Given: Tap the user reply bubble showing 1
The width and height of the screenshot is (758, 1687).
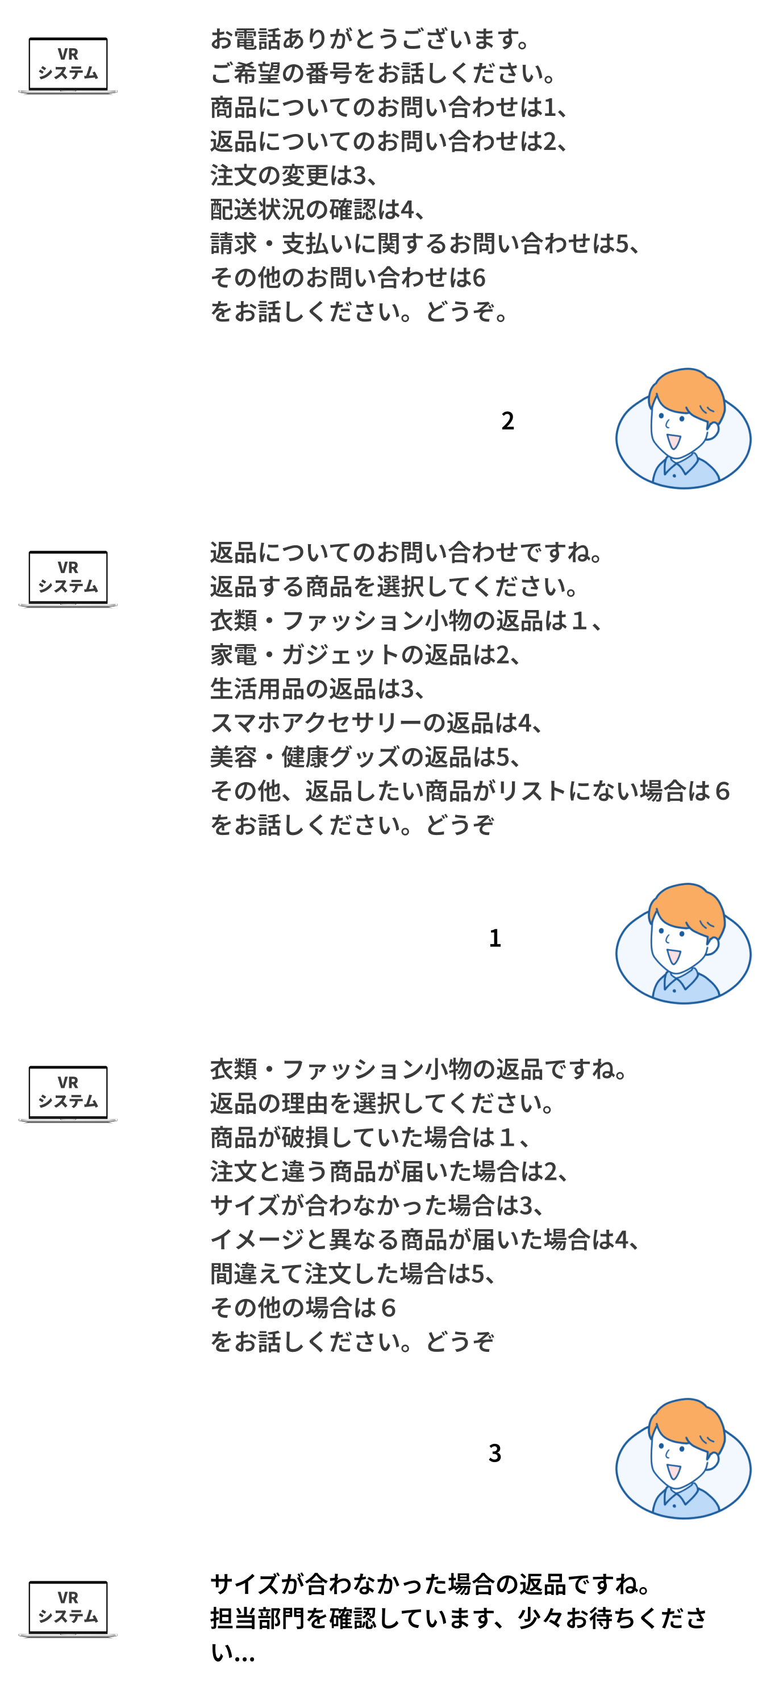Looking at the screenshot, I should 497,938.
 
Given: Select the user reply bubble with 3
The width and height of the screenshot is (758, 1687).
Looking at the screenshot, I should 497,1452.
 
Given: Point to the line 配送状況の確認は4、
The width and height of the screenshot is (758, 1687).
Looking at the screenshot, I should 317,209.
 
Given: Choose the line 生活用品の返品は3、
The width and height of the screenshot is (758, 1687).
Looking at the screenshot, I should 317,688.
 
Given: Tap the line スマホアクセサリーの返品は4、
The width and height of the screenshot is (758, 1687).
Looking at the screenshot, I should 376,723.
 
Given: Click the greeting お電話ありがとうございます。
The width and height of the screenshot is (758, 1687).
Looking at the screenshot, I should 370,39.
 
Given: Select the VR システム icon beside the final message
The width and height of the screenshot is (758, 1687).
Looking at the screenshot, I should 68,1610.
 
